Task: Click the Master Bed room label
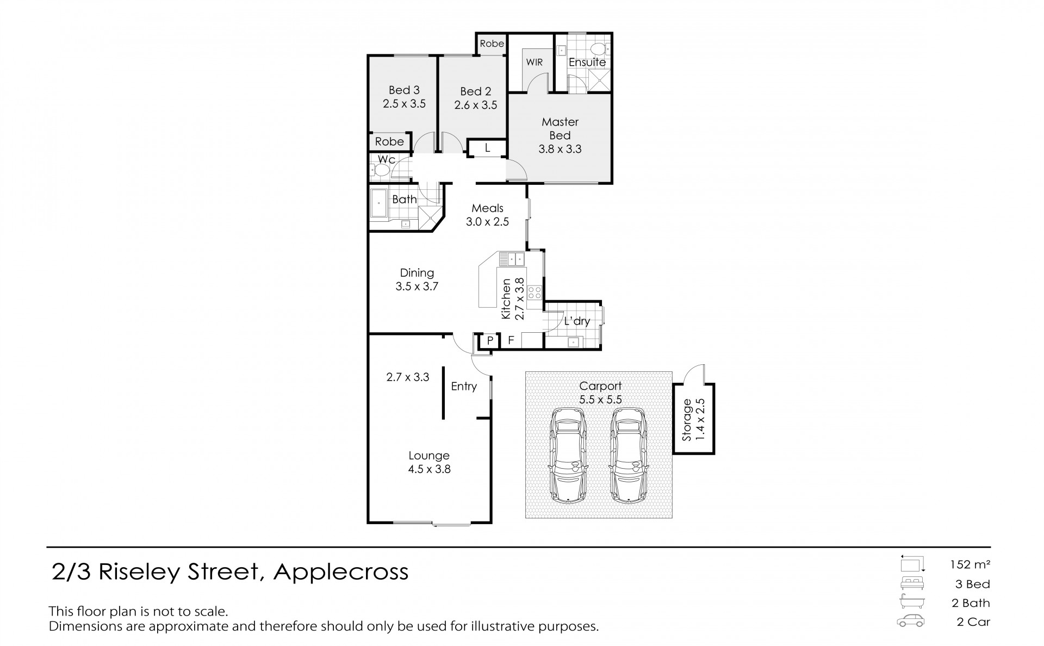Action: click(x=560, y=128)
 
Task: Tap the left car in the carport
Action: click(x=568, y=455)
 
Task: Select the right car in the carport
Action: click(x=629, y=455)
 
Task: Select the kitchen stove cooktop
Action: click(x=535, y=293)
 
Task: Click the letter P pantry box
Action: click(x=490, y=341)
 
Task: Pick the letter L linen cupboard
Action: click(x=487, y=147)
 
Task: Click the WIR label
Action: click(x=534, y=63)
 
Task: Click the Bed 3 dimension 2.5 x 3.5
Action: click(x=404, y=104)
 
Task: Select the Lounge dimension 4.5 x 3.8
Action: click(x=429, y=469)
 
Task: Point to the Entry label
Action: click(x=464, y=387)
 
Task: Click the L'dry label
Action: click(x=576, y=321)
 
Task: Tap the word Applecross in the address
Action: click(x=341, y=572)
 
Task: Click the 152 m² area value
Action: click(x=970, y=564)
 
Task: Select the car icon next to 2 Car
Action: click(x=911, y=621)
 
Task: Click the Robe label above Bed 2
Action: click(x=492, y=44)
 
